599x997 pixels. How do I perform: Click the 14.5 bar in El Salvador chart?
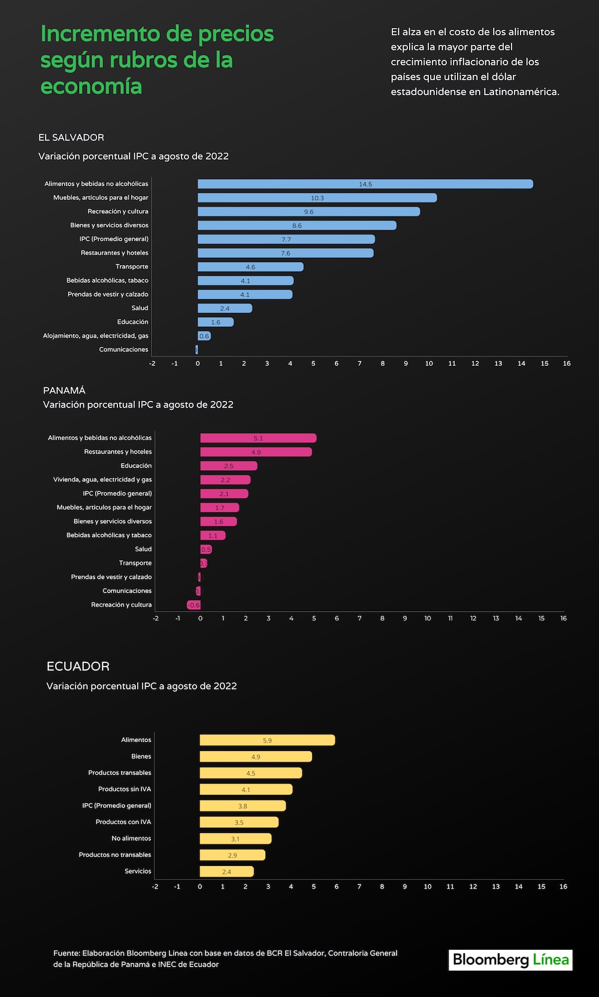pos(365,184)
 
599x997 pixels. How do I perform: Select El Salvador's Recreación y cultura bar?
pos(308,211)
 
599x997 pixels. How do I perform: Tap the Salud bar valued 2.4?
pos(225,308)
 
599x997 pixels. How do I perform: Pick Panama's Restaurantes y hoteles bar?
pos(256,452)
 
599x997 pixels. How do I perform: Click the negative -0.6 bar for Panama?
pos(193,605)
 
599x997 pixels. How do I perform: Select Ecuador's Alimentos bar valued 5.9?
pos(267,740)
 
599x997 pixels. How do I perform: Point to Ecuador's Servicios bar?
pos(226,871)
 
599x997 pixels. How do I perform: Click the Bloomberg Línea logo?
pos(510,960)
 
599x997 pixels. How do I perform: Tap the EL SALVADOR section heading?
pos(71,137)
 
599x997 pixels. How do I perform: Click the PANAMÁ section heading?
pos(64,390)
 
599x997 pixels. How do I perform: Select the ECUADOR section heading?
pos(78,666)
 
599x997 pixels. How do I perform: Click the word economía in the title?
pos(91,86)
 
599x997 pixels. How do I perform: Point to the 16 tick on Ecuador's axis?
pos(563,886)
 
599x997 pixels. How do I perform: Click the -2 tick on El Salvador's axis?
pos(152,363)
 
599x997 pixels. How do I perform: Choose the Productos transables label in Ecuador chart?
pos(119,773)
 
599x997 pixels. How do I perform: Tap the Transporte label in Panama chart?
pos(135,563)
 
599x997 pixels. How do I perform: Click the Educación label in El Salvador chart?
pos(132,321)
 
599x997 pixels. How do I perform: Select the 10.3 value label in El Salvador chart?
pos(317,197)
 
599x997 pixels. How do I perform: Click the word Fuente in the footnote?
pos(66,953)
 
